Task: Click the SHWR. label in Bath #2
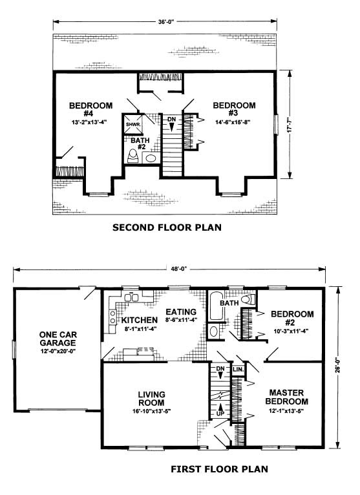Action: [133, 124]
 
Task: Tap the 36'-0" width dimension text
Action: [166, 22]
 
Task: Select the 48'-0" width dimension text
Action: [179, 269]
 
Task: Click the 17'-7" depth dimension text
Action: [290, 125]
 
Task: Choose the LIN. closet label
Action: [238, 369]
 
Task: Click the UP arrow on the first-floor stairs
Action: [220, 406]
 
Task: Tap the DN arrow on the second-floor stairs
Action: [171, 127]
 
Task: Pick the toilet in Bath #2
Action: [132, 156]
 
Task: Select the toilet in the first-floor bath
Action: [248, 299]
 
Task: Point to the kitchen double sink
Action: [131, 298]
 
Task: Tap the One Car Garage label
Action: [58, 339]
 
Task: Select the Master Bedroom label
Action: [286, 397]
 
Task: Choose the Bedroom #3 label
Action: [235, 109]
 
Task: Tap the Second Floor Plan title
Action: [167, 227]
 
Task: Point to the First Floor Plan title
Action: [220, 469]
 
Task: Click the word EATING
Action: [181, 312]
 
